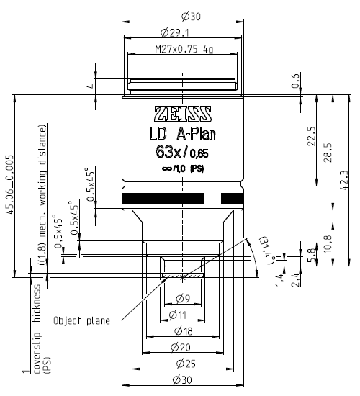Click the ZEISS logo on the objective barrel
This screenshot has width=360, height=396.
[183, 113]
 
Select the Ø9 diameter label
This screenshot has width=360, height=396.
[182, 299]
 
